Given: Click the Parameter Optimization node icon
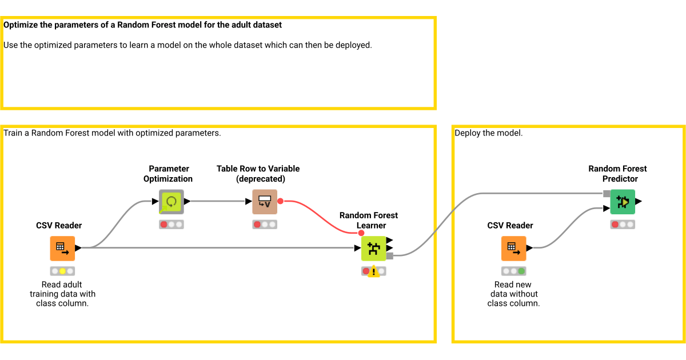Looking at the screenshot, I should point(171,202).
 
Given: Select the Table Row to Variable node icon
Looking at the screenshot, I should point(265,202).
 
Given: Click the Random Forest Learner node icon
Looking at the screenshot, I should point(373,249).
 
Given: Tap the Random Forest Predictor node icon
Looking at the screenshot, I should point(623,202).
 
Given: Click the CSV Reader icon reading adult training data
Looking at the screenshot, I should point(62,249).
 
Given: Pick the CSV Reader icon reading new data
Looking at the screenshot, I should point(513,249).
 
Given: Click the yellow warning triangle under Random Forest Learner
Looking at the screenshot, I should point(373,272).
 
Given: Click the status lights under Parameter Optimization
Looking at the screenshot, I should point(171,225).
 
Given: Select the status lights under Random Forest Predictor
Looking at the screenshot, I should point(623,225).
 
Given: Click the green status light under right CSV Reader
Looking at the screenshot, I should point(521,271).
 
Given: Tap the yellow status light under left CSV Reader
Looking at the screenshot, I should point(62,271).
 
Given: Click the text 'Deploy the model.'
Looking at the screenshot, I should point(488,133).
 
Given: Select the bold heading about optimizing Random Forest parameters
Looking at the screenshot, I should point(143,25).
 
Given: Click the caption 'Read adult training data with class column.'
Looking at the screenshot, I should point(62,294).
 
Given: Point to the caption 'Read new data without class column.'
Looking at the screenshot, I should point(513,294).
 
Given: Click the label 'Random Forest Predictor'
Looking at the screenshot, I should point(617,174).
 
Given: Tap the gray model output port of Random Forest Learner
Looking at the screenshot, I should point(390,256).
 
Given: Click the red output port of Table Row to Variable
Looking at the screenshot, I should point(280,202).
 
